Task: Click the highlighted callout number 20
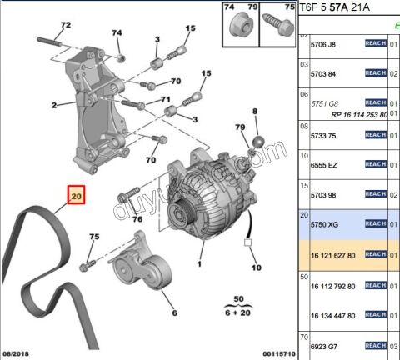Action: [77, 197]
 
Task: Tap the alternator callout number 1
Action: [200, 264]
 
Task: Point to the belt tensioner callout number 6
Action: [174, 314]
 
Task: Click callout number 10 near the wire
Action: [257, 267]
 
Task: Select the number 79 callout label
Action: [240, 127]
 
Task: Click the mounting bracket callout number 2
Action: [53, 105]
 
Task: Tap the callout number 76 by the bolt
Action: [138, 219]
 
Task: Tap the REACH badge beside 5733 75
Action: [376, 135]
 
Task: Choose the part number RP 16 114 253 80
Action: [348, 113]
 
